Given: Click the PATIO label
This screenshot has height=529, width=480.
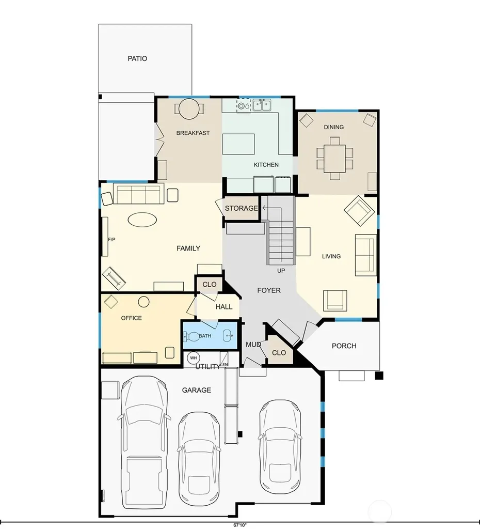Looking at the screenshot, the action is [x=137, y=59].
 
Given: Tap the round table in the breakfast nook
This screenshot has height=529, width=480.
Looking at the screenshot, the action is [x=189, y=108].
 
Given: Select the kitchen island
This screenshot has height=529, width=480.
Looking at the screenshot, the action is [x=238, y=144].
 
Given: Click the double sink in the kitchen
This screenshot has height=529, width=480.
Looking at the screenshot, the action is [x=262, y=105].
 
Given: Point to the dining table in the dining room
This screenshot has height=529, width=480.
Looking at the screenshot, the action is [x=335, y=158].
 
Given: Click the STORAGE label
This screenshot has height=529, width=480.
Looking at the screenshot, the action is [x=242, y=209].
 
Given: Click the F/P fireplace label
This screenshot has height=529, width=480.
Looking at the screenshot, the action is [x=111, y=240].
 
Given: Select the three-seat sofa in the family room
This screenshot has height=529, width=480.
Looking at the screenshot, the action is [x=138, y=194].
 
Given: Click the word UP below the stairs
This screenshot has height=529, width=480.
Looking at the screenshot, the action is [x=281, y=271].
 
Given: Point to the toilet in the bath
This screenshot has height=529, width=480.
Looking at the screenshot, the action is [x=191, y=336].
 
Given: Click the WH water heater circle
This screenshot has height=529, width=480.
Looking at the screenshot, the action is [x=194, y=358].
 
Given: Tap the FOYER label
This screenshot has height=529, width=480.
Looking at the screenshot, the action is [x=269, y=290].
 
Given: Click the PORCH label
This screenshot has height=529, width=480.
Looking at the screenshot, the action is [x=344, y=346].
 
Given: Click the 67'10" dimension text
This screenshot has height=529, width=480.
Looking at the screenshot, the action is [x=240, y=525].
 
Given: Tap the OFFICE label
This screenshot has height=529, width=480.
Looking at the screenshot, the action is [x=132, y=318].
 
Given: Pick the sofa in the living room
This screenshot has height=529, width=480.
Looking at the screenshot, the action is [x=366, y=255].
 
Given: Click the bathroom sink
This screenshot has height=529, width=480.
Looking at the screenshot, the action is [x=229, y=336].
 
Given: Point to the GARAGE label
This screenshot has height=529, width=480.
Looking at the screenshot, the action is [x=197, y=391].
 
